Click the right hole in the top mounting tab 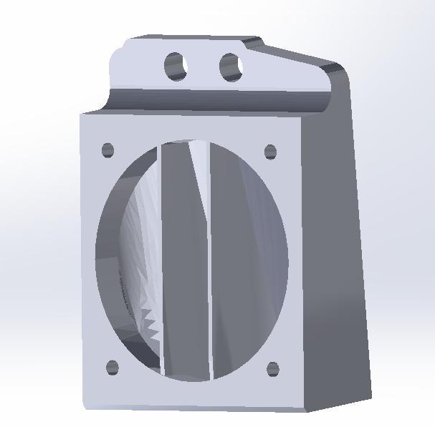[x=231, y=67]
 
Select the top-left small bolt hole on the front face [x=107, y=150]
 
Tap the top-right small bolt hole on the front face [x=271, y=152]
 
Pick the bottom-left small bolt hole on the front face [x=112, y=368]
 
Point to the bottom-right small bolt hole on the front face [x=273, y=370]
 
